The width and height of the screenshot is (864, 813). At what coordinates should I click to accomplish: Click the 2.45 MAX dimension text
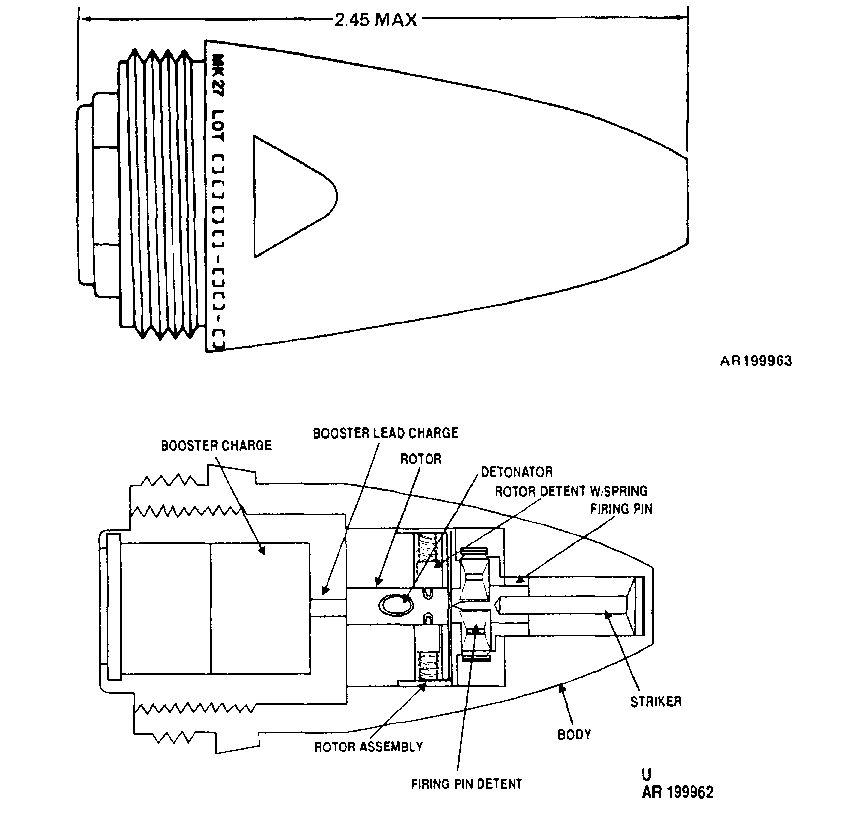(375, 20)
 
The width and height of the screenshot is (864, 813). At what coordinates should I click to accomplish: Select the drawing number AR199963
(756, 361)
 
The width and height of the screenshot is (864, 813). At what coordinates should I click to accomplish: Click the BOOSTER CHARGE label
(216, 445)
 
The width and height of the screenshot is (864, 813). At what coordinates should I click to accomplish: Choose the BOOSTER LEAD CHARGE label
(385, 433)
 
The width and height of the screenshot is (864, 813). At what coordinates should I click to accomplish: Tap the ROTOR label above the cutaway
(421, 458)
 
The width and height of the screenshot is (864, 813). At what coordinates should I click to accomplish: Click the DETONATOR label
(517, 471)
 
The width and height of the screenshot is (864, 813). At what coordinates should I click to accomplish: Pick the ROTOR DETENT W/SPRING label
(571, 491)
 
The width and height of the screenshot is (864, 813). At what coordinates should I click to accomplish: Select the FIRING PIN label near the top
(621, 509)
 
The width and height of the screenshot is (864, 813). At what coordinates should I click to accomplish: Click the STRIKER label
(656, 702)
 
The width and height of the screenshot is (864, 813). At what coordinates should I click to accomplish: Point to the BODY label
(574, 734)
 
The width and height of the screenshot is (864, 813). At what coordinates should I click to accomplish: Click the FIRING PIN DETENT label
(466, 784)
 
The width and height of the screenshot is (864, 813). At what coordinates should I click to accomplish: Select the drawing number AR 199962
(677, 792)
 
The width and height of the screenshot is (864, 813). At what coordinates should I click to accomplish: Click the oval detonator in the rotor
(395, 605)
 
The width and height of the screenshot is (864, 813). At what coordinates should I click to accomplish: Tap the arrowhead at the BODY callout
(562, 689)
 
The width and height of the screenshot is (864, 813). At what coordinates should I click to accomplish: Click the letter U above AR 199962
(646, 774)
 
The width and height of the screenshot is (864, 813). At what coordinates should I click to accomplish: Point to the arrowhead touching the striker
(607, 615)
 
